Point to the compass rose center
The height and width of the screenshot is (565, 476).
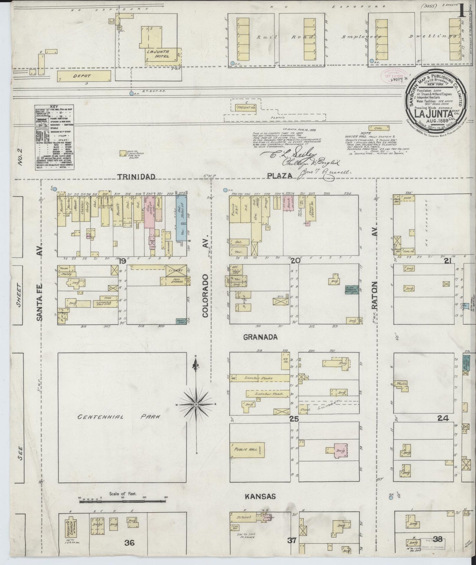[x=196, y=404]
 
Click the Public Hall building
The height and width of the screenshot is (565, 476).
[x=247, y=450]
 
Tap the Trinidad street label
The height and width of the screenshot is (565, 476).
[x=136, y=177]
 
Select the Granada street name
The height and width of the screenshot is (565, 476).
[x=260, y=337]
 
